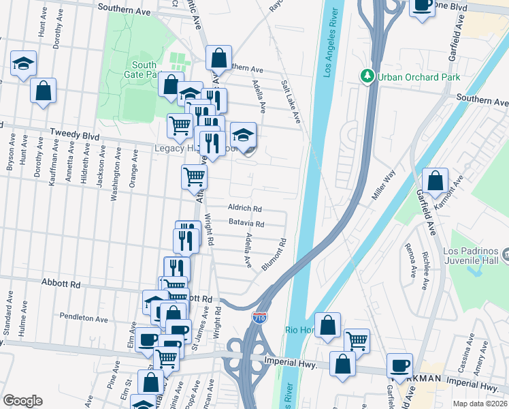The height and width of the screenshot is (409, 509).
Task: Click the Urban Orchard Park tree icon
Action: point(368,77)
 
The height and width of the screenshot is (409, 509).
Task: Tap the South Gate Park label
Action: point(141,70)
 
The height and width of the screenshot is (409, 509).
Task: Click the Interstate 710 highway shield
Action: point(259,318)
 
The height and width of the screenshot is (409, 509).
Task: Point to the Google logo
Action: point(22,401)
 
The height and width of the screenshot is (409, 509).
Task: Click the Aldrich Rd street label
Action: point(245,209)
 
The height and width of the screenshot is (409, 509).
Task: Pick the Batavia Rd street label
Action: point(246,223)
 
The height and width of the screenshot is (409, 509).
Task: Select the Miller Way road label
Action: point(384,186)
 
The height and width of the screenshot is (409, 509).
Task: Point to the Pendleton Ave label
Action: point(84,318)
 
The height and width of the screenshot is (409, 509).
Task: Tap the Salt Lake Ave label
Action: point(291,101)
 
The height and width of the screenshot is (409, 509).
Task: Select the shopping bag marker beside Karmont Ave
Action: point(435,181)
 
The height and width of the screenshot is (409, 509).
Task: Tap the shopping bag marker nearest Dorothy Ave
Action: point(43,91)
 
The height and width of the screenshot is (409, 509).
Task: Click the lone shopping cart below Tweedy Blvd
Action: point(194,177)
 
